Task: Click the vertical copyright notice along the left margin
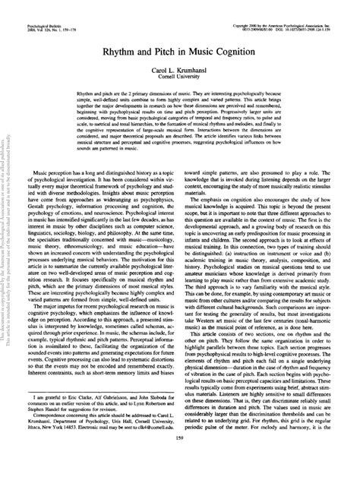pos(6,228)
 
